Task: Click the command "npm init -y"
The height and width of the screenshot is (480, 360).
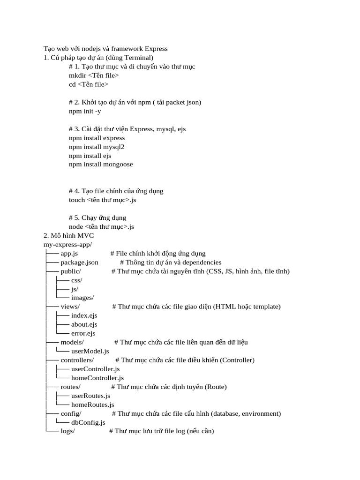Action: pyautogui.click(x=85, y=111)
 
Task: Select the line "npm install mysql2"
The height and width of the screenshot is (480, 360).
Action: pyautogui.click(x=97, y=147)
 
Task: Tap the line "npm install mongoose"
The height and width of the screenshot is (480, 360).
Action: pyautogui.click(x=101, y=165)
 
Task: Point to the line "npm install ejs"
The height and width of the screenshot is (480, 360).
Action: pyautogui.click(x=90, y=156)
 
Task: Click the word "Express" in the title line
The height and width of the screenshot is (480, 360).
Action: pyautogui.click(x=156, y=49)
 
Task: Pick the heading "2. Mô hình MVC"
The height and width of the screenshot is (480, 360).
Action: pyautogui.click(x=69, y=236)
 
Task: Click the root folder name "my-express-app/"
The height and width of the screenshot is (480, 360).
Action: pyautogui.click(x=67, y=245)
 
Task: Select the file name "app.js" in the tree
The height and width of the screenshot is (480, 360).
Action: pyautogui.click(x=69, y=254)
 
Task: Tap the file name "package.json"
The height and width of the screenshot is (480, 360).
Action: pyautogui.click(x=80, y=262)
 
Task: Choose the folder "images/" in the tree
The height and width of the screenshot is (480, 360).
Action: pyautogui.click(x=82, y=298)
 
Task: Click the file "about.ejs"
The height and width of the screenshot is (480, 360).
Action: pyautogui.click(x=84, y=324)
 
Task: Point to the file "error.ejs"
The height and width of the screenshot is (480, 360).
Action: pyautogui.click(x=83, y=333)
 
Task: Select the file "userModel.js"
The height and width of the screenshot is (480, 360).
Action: pyautogui.click(x=90, y=351)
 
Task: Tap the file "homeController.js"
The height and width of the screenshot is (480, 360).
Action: pyautogui.click(x=97, y=378)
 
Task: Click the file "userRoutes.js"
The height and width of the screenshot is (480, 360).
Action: pyautogui.click(x=91, y=396)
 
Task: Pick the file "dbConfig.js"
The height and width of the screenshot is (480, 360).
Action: pyautogui.click(x=88, y=422)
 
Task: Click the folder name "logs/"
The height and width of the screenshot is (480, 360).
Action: pyautogui.click(x=68, y=431)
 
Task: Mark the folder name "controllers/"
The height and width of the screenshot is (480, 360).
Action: pyautogui.click(x=77, y=360)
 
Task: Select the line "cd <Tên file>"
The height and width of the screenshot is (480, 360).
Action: pyautogui.click(x=89, y=84)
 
